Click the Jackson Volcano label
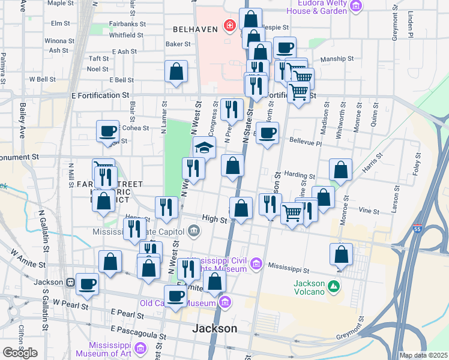[309, 287]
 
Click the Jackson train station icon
[71, 282]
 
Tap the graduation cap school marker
[204, 147]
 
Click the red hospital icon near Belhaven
[229, 26]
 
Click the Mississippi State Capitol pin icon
[194, 230]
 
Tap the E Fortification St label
[100, 95]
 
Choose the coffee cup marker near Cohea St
[107, 131]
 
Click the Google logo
[20, 353]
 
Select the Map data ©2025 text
[423, 355]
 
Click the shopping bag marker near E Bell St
[176, 71]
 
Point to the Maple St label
[59, 3]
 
